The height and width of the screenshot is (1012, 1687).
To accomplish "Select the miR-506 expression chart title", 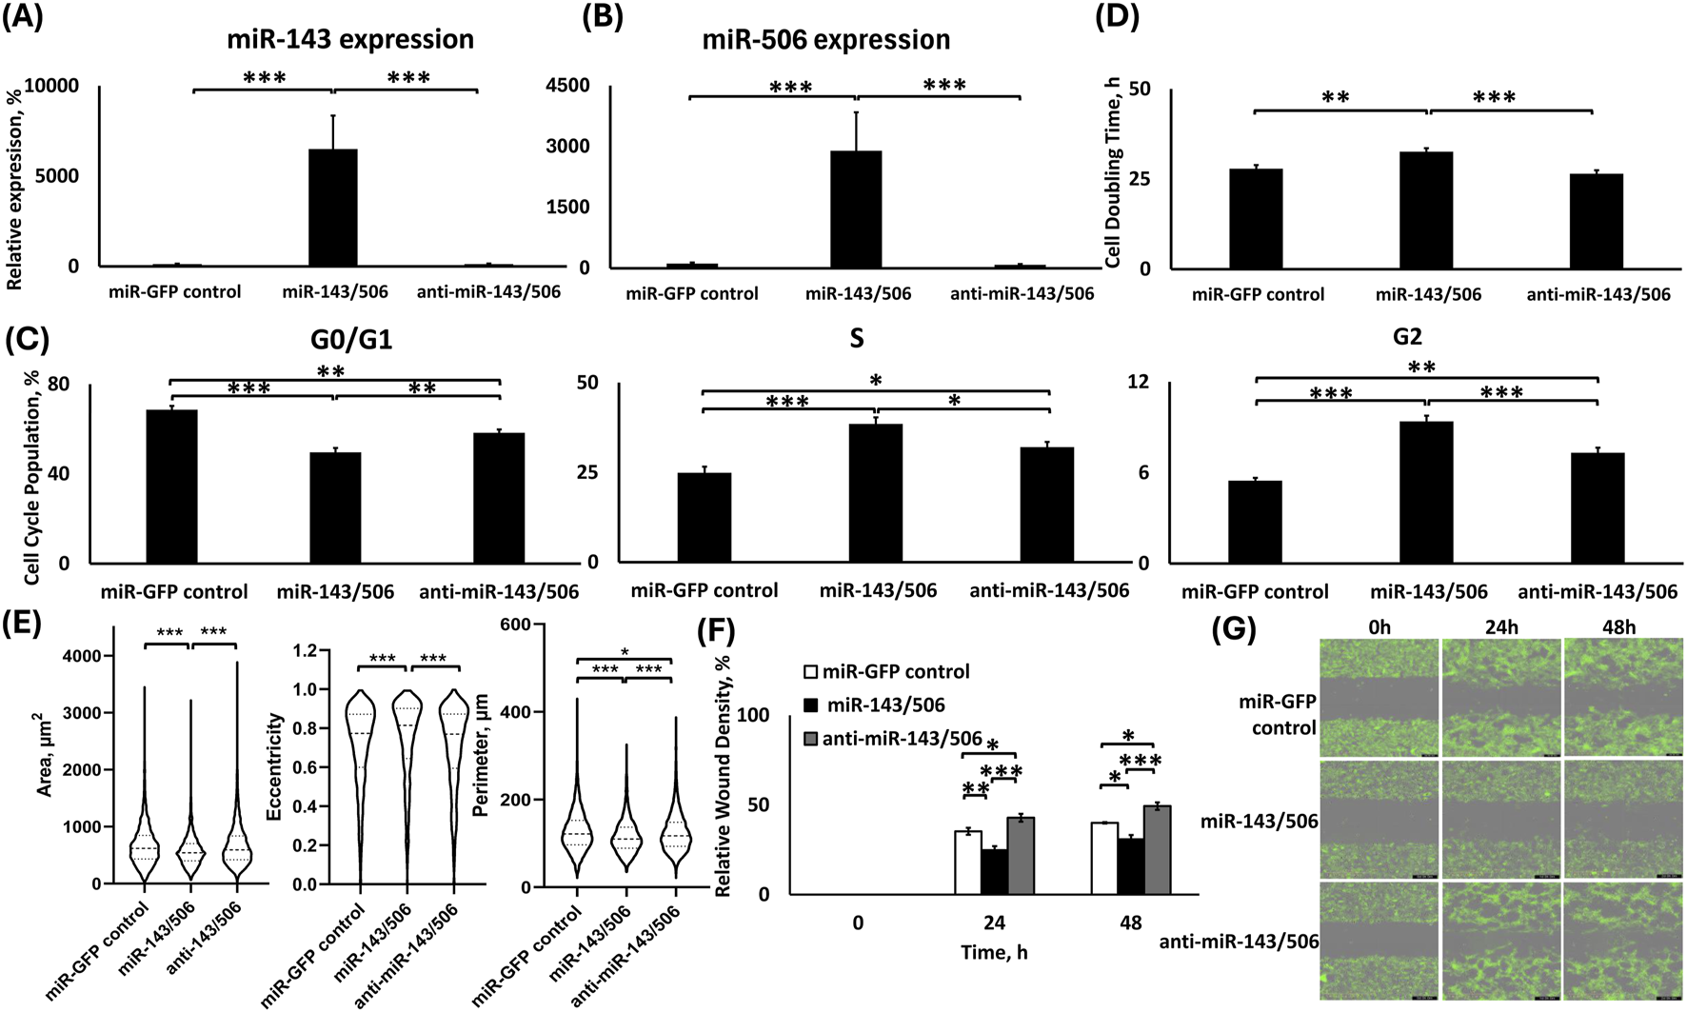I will [825, 40].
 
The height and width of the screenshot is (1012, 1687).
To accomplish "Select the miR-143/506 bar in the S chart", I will [875, 493].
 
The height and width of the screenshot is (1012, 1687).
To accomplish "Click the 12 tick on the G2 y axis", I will [1139, 383].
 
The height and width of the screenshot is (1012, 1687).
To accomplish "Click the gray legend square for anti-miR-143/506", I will [811, 739].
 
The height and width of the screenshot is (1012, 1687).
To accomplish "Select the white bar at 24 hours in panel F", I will [968, 863].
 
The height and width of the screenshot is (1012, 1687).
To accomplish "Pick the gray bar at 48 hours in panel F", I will [1158, 849].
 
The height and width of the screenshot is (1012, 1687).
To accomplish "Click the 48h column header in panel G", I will [1618, 626].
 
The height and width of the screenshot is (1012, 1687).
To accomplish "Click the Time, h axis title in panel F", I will [994, 952].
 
